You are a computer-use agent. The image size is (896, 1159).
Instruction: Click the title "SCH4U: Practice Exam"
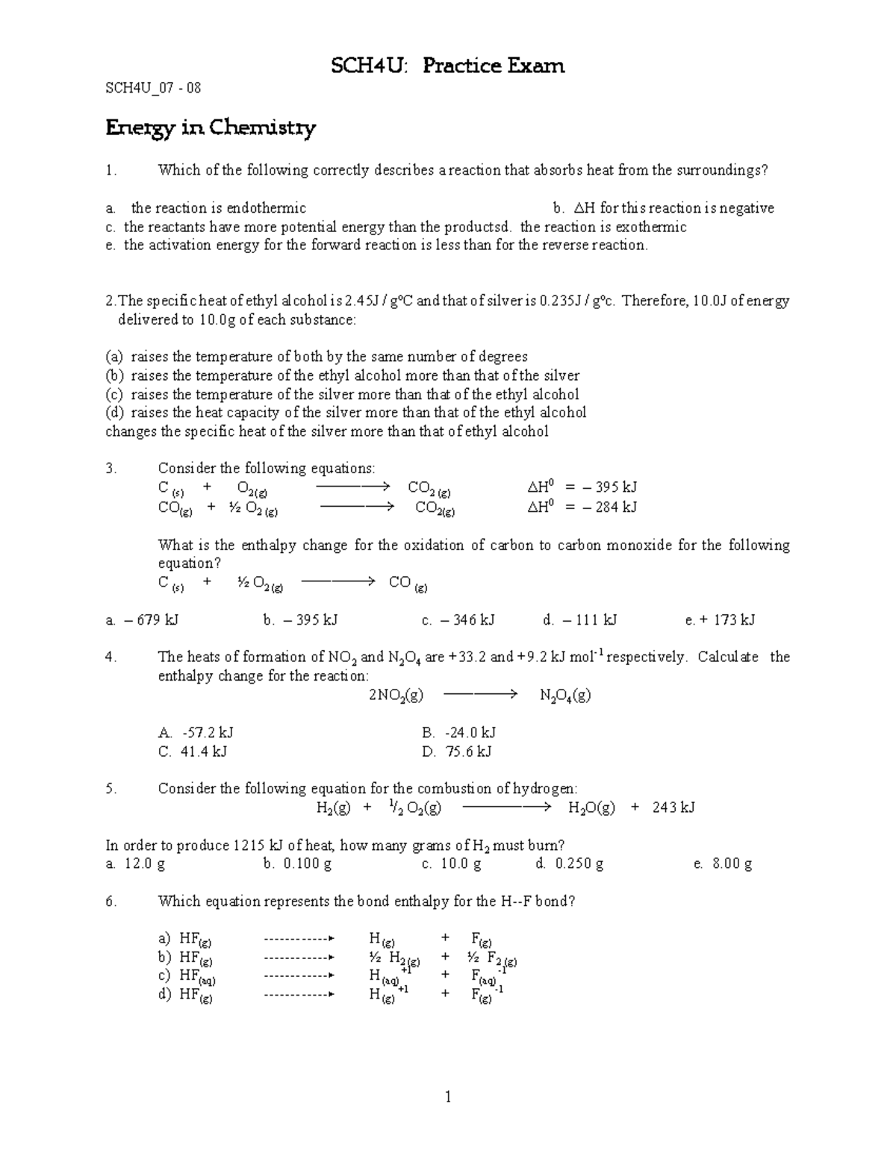[448, 66]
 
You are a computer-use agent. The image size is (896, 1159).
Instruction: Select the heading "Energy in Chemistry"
[211, 128]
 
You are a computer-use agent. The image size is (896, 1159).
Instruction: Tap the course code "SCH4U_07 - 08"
[153, 88]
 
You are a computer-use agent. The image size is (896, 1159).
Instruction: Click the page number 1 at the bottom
[448, 1096]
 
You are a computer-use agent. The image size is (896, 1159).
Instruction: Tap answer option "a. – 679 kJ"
[142, 619]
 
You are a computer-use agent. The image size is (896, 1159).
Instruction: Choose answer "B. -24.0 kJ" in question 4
[458, 733]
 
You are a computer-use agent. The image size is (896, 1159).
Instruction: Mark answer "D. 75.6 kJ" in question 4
[456, 752]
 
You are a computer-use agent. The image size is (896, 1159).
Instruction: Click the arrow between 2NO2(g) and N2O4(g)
[480, 695]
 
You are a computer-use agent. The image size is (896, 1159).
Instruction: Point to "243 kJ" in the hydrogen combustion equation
[673, 807]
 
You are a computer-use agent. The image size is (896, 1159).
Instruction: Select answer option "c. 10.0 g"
[451, 864]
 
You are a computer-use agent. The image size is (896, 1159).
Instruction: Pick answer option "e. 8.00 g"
[722, 864]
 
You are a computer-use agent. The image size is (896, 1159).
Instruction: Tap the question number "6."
[111, 901]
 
